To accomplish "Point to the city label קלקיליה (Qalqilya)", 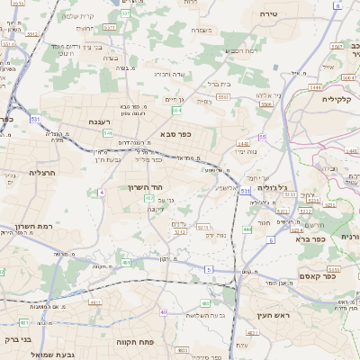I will [340, 100].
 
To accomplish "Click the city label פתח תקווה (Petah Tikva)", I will [135, 343].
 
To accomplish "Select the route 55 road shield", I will [263, 137].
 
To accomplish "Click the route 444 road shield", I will [247, 230].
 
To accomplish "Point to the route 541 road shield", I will [107, 133].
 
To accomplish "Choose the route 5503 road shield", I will [265, 106].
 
